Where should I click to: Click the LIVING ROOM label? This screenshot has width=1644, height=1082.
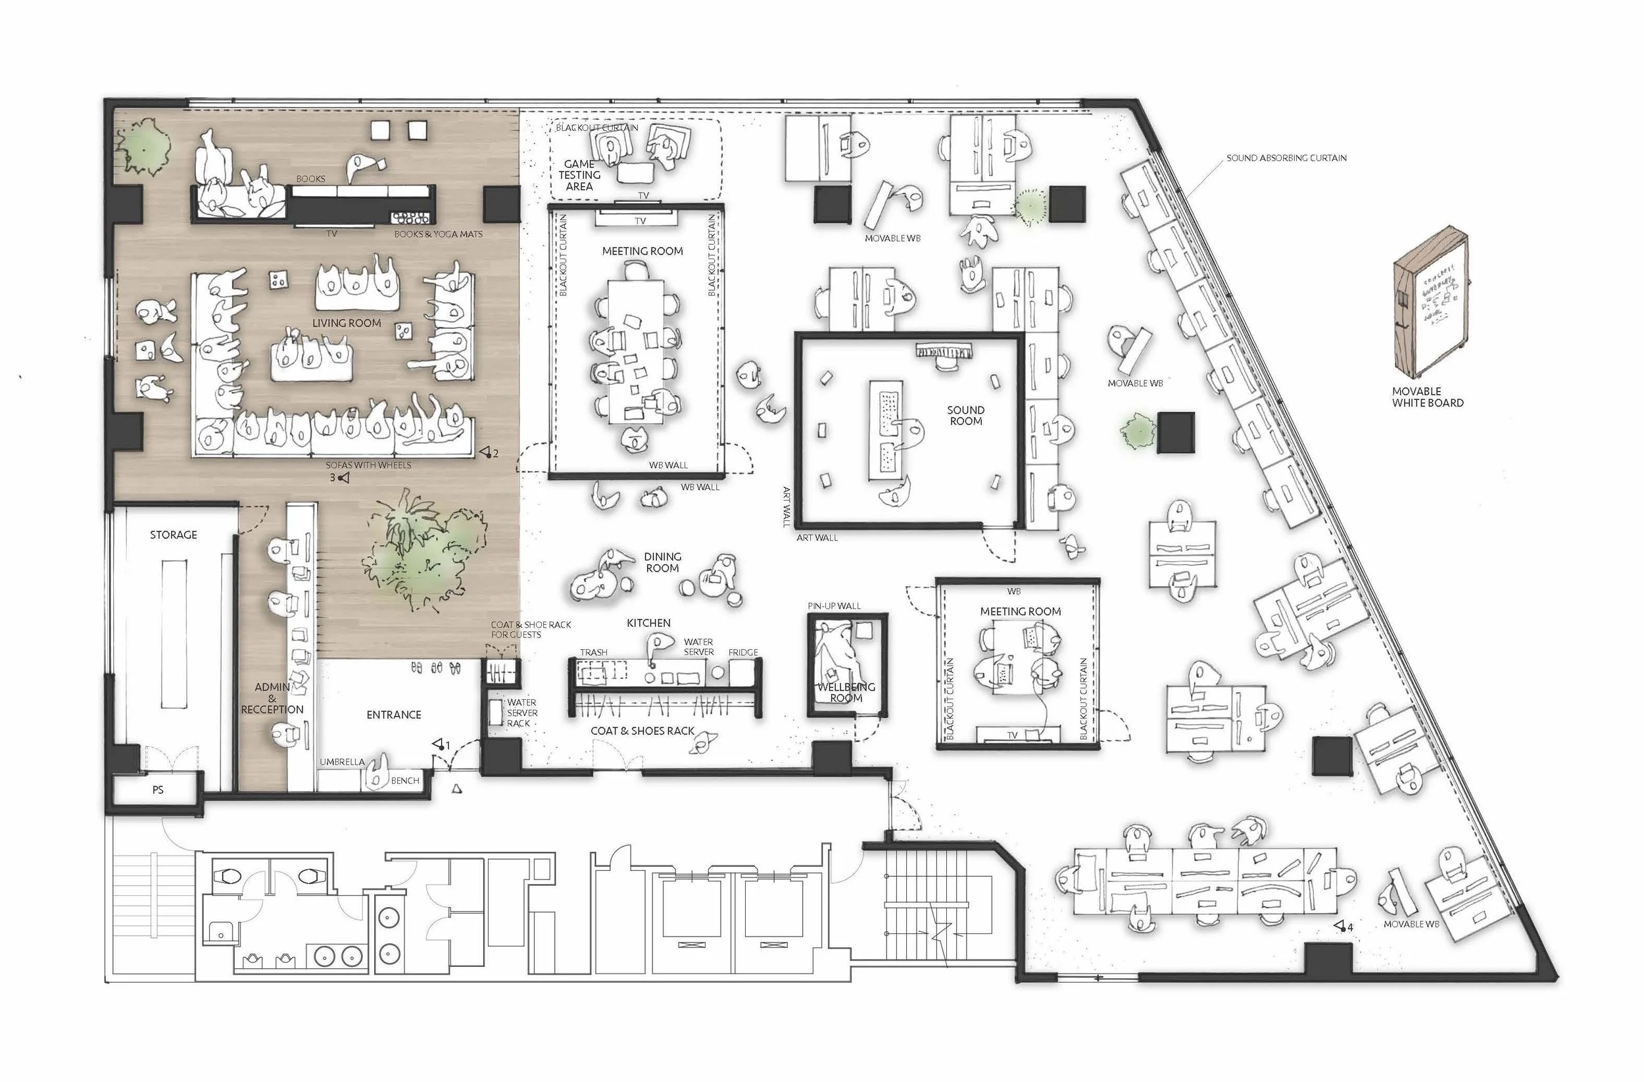pyautogui.click(x=346, y=323)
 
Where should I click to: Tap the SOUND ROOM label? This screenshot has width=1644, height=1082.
pyautogui.click(x=965, y=415)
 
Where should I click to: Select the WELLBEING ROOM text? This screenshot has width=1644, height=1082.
pyautogui.click(x=846, y=693)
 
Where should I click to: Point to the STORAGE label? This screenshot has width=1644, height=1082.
pyautogui.click(x=174, y=535)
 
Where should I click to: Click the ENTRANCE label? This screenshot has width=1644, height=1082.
pyautogui.click(x=394, y=714)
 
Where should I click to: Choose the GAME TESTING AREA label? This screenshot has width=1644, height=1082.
pyautogui.click(x=579, y=175)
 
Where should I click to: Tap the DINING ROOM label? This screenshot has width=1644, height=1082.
pyautogui.click(x=662, y=562)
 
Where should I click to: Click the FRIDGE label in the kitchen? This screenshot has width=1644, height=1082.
pyautogui.click(x=742, y=652)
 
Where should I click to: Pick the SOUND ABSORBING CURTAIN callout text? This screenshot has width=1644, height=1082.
pyautogui.click(x=1286, y=158)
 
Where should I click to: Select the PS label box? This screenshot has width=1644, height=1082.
pyautogui.click(x=157, y=789)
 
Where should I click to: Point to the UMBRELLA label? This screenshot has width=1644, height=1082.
pyautogui.click(x=342, y=762)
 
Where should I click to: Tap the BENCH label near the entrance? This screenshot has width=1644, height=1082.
pyautogui.click(x=405, y=781)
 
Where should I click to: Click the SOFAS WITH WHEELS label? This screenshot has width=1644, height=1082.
pyautogui.click(x=368, y=465)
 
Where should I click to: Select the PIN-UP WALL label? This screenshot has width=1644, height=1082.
pyautogui.click(x=834, y=606)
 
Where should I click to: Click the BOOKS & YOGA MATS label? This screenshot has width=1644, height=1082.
pyautogui.click(x=438, y=234)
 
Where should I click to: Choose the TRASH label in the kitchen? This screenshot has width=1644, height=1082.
pyautogui.click(x=593, y=652)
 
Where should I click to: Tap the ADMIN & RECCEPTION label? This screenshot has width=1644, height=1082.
pyautogui.click(x=272, y=698)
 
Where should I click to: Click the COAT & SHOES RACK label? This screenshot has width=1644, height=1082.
pyautogui.click(x=642, y=730)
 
